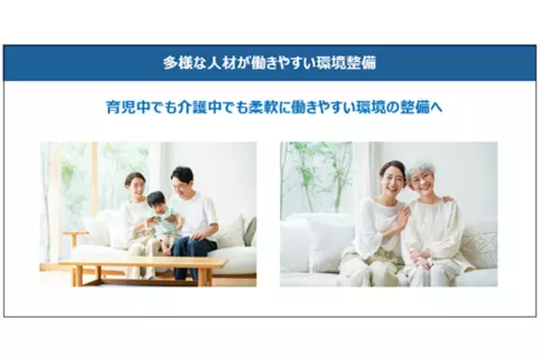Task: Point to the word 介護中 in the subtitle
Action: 208,107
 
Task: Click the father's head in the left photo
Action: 183,177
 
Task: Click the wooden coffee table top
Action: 144,263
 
